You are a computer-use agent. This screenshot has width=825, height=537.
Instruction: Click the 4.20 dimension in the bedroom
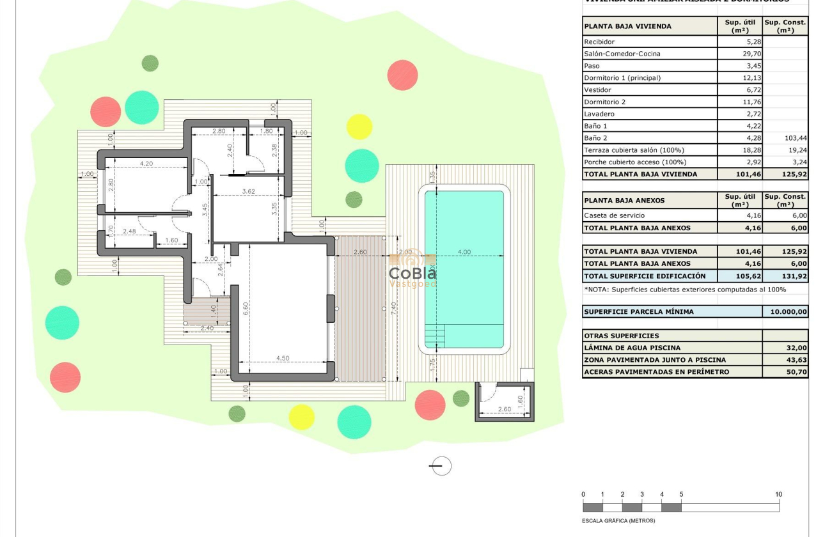click(146, 164)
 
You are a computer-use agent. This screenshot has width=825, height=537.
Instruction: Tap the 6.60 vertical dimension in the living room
click(245, 309)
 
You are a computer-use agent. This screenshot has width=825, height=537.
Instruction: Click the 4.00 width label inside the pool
click(464, 252)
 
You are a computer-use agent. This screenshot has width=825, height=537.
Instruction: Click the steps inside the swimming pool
click(435, 336)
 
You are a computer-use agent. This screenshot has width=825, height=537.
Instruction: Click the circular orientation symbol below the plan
click(440, 466)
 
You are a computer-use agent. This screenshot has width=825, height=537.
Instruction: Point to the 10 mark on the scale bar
click(778, 494)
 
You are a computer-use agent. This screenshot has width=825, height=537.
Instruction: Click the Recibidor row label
click(599, 42)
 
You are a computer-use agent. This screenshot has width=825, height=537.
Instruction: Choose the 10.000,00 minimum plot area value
click(785, 312)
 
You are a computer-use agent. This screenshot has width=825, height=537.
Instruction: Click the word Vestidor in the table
click(597, 90)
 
